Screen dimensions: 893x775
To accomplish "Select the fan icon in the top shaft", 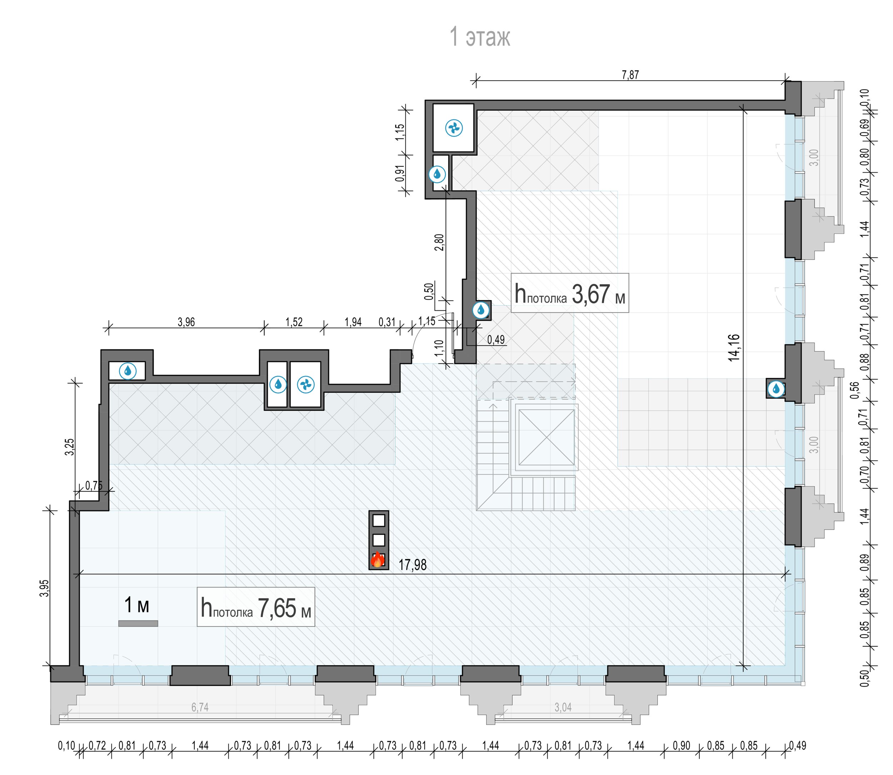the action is pyautogui.click(x=454, y=128).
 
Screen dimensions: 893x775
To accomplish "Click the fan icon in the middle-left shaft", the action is pyautogui.click(x=306, y=384).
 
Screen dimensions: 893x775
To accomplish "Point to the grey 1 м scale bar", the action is pyautogui.click(x=138, y=623).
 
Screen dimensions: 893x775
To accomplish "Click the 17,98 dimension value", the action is pyautogui.click(x=413, y=565).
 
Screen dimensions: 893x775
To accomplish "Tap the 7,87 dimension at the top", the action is pyautogui.click(x=630, y=75).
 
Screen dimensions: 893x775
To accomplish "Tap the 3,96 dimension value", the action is pyautogui.click(x=186, y=322).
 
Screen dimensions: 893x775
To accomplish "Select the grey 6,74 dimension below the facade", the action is pyautogui.click(x=200, y=707).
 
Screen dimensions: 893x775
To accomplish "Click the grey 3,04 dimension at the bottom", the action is pyautogui.click(x=563, y=707).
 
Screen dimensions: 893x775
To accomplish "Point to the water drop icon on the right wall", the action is pyautogui.click(x=776, y=389).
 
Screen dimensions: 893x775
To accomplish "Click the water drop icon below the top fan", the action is pyautogui.click(x=437, y=174).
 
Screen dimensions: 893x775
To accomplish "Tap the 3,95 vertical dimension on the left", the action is pyautogui.click(x=45, y=588).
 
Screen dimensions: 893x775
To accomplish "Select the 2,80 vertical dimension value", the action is pyautogui.click(x=439, y=242).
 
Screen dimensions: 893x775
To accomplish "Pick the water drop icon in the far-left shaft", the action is pyautogui.click(x=128, y=371).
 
